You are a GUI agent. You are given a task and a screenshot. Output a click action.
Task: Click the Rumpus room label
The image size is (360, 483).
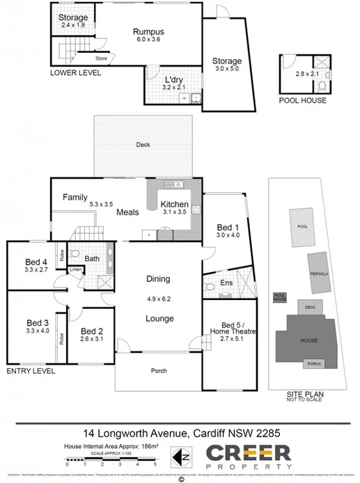(x=148, y=31)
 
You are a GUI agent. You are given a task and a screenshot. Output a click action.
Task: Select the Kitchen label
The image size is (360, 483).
(x=174, y=204)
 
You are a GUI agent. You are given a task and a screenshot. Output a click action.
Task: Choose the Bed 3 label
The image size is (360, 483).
(x=38, y=323)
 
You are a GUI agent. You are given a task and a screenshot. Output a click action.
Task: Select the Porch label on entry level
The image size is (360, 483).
(x=159, y=371)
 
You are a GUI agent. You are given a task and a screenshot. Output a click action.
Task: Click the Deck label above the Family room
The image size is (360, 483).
(x=143, y=145)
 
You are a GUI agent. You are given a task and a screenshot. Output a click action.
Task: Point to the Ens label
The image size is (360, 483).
(x=226, y=283)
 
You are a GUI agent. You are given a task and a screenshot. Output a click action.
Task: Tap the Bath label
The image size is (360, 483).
(x=93, y=258)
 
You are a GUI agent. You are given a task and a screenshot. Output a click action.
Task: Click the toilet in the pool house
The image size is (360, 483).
(x=322, y=88)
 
